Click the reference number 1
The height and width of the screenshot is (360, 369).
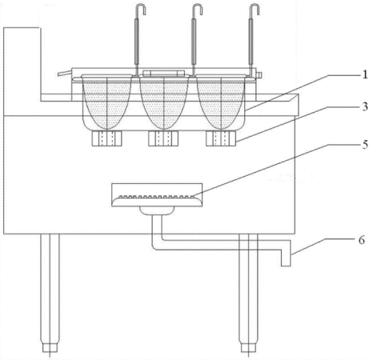[x=365, y=75]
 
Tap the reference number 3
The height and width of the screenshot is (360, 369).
[x=365, y=106]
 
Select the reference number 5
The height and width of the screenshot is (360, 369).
[x=365, y=145]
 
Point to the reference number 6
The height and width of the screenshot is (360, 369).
[x=361, y=240]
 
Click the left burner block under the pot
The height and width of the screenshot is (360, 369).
[x=106, y=138]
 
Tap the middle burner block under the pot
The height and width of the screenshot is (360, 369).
[x=163, y=138]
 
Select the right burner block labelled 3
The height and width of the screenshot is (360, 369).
[x=221, y=138]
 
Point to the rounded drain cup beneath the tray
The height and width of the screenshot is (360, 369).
[x=157, y=210]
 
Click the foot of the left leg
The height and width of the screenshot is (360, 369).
[x=50, y=347]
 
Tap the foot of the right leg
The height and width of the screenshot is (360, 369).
[x=248, y=347]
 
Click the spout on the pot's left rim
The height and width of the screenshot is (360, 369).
[x=65, y=73]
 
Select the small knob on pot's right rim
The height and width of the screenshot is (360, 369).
[x=259, y=75]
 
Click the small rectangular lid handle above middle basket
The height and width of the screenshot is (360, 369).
[x=164, y=73]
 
